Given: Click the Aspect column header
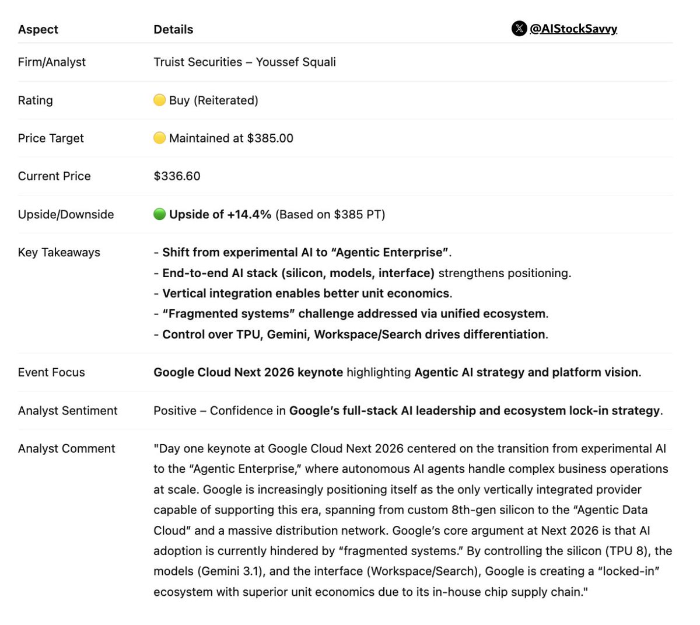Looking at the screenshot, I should click(x=38, y=29).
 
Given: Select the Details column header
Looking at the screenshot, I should click(x=173, y=29).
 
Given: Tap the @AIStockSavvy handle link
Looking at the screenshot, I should click(x=573, y=29).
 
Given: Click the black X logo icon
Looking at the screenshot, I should click(x=519, y=29).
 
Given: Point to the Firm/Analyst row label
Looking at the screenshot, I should click(x=52, y=62).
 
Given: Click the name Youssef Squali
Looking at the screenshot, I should click(x=296, y=62).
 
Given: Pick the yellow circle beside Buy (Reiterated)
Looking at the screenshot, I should click(x=159, y=100).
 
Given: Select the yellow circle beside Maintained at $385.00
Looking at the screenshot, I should click(x=159, y=138).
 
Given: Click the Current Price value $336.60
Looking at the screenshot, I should click(x=177, y=176).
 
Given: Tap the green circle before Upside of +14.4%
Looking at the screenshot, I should click(x=159, y=214).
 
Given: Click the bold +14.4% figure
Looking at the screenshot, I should click(x=249, y=214).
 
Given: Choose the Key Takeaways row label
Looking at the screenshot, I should click(x=59, y=252).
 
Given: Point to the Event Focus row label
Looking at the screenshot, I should click(x=51, y=372).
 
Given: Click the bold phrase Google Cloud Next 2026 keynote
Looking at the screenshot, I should click(x=248, y=372).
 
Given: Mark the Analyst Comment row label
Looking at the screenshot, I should click(x=66, y=448).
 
